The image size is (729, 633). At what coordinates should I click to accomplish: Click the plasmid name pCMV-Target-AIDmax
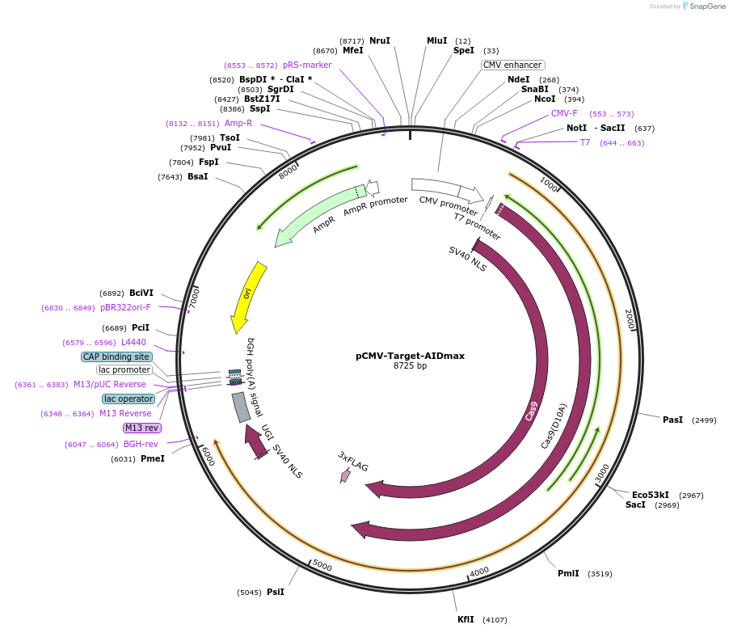(x=410, y=356)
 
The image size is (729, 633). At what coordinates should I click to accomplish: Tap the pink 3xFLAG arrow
(x=346, y=475)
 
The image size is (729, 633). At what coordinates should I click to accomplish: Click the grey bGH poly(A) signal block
(x=241, y=407)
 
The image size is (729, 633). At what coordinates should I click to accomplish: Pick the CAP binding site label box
(x=116, y=357)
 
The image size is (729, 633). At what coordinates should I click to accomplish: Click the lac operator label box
(x=128, y=399)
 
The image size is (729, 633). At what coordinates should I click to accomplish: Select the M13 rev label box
(x=141, y=428)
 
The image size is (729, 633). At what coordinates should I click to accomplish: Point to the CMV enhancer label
(x=512, y=65)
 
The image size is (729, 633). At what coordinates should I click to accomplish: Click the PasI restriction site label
(x=672, y=420)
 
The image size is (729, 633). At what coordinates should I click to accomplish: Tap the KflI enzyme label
(x=466, y=619)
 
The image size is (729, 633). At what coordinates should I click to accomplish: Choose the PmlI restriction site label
(x=568, y=573)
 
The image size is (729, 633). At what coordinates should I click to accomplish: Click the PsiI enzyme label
(x=275, y=592)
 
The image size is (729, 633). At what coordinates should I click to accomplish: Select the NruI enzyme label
(x=379, y=40)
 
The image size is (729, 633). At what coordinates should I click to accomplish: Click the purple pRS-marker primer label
(x=307, y=65)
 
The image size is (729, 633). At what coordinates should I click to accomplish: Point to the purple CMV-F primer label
(x=564, y=113)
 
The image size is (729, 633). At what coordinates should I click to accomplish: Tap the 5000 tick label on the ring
(x=322, y=566)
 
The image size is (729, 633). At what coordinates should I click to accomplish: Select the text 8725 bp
(x=410, y=366)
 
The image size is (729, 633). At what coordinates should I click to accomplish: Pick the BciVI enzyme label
(x=141, y=293)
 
